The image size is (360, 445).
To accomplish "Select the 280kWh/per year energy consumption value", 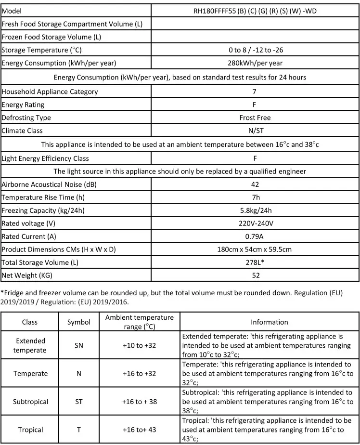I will coord(255,63).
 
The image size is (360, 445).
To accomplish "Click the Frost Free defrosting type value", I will coord(255,118).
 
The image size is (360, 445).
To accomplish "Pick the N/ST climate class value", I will coord(255,131).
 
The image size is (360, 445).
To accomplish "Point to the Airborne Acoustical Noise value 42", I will coord(255,184).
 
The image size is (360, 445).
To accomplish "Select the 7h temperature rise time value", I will coord(255,197).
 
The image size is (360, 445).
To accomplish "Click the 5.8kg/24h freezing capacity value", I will coord(255,210).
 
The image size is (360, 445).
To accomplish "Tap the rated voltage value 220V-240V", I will coord(255,223).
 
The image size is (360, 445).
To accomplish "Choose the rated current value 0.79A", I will coord(255,236).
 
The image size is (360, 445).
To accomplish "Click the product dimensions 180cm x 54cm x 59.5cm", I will coord(255,249).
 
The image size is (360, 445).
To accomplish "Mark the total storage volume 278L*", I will coord(255,262).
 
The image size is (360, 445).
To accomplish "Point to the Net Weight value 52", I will coord(256,275).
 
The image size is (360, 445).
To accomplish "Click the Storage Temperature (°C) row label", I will coord(40,50).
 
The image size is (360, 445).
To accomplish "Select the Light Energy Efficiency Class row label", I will coord(45,158).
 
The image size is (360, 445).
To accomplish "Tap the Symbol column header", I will coord(78,322).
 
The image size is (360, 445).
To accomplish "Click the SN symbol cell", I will coord(78,345).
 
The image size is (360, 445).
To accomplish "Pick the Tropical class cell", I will coord(30,430).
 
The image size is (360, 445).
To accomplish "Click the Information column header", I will coord(270,322).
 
